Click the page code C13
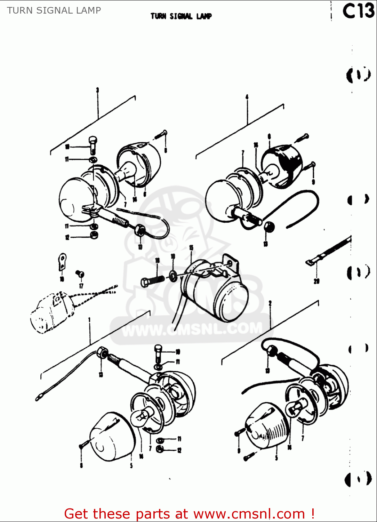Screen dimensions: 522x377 pos(358,11)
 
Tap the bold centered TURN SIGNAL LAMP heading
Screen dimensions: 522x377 pos(181,16)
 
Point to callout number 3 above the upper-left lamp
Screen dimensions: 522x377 pos(98,90)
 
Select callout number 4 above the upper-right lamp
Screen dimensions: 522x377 pos(247,97)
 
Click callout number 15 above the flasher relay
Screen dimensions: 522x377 pos(191,248)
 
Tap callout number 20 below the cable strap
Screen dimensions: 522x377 pos(316,281)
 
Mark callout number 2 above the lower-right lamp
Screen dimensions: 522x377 pos(270,303)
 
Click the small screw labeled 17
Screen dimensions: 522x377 pos(80,274)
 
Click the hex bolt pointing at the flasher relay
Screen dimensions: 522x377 pos(152,280)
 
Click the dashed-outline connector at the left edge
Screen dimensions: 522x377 pos(52,311)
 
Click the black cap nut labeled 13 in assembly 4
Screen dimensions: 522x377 pos(269,227)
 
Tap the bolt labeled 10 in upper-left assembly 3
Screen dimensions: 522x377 pos(93,144)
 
